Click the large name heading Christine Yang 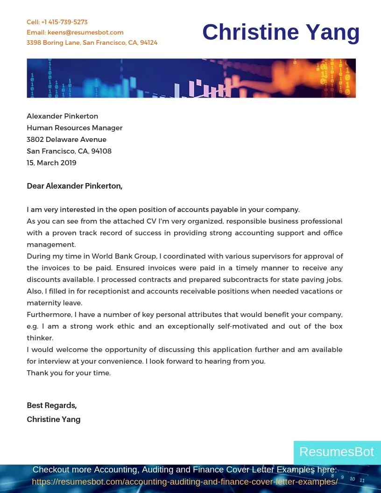click(x=281, y=32)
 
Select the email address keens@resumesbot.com click(x=85, y=32)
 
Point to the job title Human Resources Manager click(x=74, y=128)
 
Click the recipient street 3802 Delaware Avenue click(x=66, y=140)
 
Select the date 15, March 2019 click(x=51, y=163)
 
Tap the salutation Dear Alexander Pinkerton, click(x=74, y=186)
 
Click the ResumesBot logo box click(x=337, y=452)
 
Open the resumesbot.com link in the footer click(x=184, y=481)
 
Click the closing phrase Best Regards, click(x=51, y=405)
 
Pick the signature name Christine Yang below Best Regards click(x=53, y=419)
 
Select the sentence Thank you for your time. click(x=69, y=373)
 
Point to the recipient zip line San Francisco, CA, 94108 click(x=69, y=151)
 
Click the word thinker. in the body click(x=40, y=338)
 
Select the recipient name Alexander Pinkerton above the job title click(x=62, y=116)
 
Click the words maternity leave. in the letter click(x=54, y=303)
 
